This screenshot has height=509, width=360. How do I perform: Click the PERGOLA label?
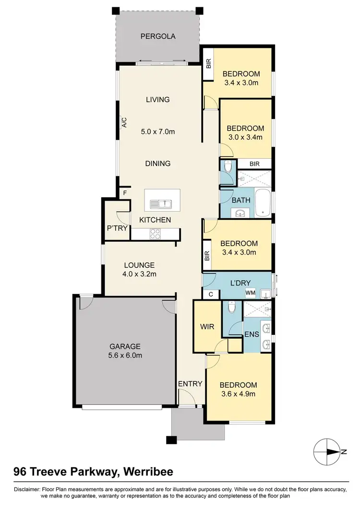tap(158, 36)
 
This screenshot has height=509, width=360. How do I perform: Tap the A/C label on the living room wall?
tap(124, 122)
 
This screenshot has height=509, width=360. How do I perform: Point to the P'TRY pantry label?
tap(117, 228)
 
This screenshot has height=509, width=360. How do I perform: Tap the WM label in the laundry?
tap(250, 292)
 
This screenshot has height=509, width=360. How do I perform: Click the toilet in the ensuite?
tap(232, 307)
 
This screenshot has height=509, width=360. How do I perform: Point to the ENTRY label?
tap(190, 384)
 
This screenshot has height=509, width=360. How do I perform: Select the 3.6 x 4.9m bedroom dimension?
tap(238, 394)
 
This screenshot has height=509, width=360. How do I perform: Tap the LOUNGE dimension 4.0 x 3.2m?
tap(139, 274)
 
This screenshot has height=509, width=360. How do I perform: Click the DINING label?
tap(158, 164)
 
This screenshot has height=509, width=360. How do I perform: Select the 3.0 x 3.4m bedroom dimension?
tap(245, 138)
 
